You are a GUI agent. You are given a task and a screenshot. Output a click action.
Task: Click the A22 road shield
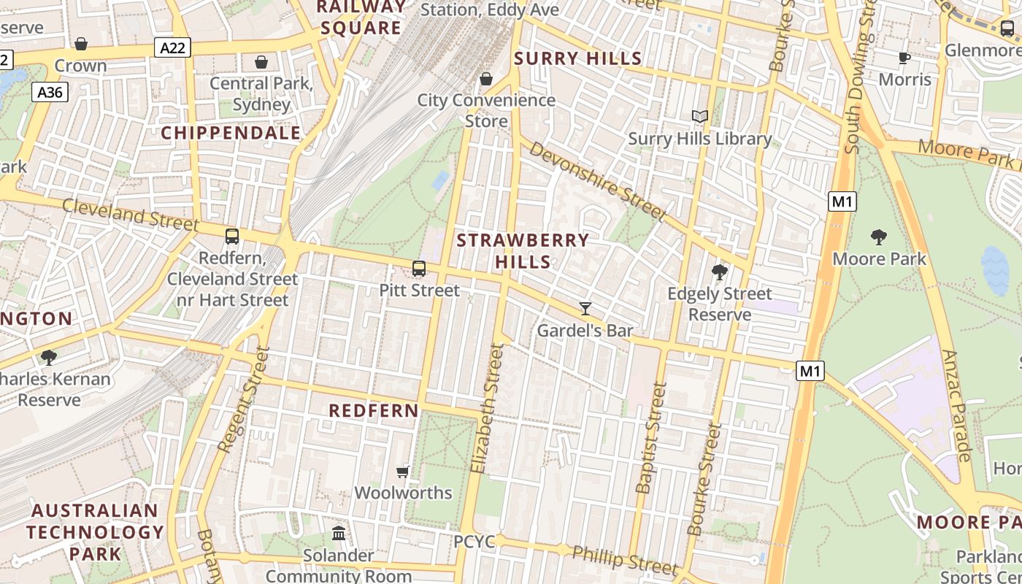172,48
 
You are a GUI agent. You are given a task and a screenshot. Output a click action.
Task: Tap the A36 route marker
50,92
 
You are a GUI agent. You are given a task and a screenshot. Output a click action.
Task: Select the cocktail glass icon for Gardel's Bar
585,308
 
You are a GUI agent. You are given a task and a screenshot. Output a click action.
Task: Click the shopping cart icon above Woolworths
402,472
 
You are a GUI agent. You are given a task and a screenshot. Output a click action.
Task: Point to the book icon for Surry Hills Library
699,116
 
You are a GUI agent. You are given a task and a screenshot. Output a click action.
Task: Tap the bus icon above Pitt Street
419,269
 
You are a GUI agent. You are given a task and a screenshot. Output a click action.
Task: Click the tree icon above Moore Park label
879,237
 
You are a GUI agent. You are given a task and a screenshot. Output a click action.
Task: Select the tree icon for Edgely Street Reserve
719,272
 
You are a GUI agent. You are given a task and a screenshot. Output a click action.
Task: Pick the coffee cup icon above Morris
904,58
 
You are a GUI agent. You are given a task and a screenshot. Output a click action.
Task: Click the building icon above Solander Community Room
339,533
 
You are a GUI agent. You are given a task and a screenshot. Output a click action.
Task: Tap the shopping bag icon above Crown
81,44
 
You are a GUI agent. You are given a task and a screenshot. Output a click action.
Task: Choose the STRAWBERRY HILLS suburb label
523,250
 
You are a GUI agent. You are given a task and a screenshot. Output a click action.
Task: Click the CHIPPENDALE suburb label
231,133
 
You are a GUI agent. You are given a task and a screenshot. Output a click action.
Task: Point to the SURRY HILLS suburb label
578,59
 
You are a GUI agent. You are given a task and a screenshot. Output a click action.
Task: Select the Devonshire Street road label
597,181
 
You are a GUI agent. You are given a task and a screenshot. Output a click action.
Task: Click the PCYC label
474,542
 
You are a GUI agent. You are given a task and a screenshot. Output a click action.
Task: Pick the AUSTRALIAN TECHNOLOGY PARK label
95,531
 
